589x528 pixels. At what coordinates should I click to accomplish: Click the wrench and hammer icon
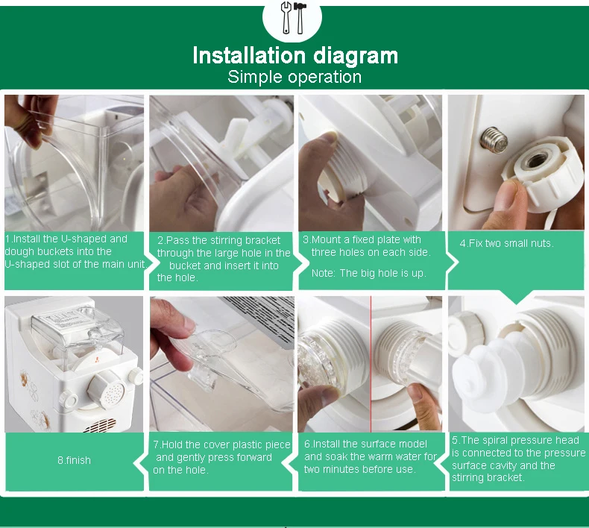pos(293,18)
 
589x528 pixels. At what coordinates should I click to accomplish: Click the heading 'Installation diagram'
pos(295,56)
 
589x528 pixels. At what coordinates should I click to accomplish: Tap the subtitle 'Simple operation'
pos(294,77)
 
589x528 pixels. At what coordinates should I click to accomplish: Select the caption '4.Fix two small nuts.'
pos(506,243)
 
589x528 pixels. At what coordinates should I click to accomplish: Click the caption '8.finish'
pos(74,460)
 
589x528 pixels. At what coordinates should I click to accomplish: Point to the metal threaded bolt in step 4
pos(494,139)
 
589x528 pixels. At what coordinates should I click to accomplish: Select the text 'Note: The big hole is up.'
pos(369,273)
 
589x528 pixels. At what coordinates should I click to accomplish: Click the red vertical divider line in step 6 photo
pos(371,364)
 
